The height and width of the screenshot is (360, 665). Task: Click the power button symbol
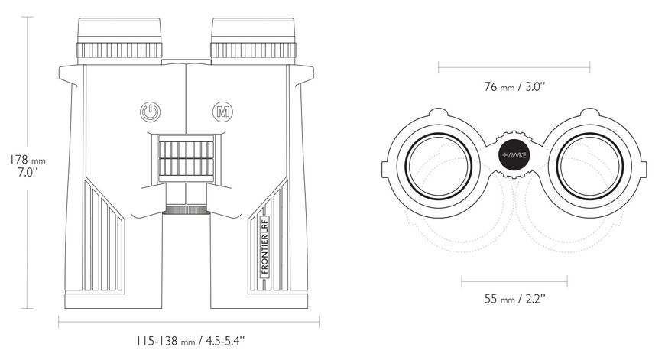click(150, 112)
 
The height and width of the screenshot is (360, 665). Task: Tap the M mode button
click(222, 112)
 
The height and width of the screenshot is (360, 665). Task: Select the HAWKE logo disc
click(514, 154)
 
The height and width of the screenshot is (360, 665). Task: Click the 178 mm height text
click(28, 160)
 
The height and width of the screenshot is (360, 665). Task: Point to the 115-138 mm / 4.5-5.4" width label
click(191, 340)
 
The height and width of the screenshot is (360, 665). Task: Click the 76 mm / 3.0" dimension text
click(514, 86)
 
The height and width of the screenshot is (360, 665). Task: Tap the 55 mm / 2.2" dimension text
click(514, 299)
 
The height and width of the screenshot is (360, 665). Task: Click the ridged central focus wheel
click(186, 158)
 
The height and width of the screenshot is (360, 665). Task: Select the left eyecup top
click(119, 30)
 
